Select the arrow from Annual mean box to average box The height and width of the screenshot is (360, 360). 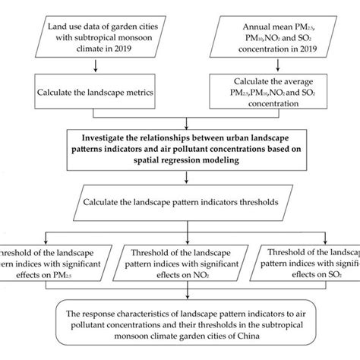click(271, 68)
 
